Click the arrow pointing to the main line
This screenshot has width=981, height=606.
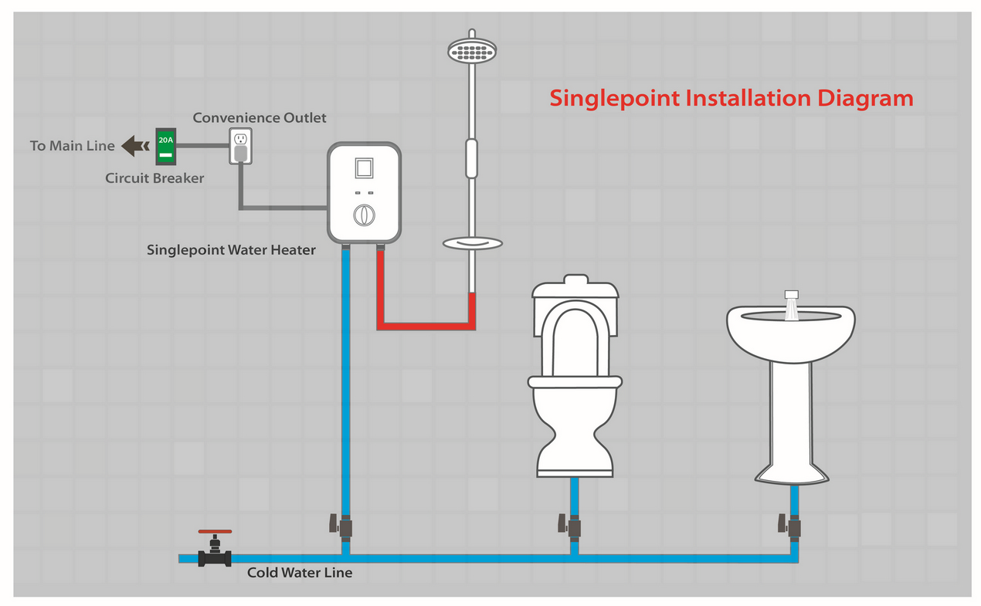pos(136,145)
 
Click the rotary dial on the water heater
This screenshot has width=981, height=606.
pos(363,215)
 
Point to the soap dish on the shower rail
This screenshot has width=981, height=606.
pos(471,244)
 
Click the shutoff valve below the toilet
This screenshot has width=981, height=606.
pos(572,526)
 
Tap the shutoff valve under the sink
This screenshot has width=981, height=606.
pos(793,527)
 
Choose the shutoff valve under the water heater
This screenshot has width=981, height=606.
pos(345,526)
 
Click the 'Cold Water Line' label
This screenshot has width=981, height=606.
pos(300,573)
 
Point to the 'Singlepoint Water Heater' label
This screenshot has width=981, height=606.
pos(231,250)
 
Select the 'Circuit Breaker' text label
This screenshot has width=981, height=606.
pos(154,178)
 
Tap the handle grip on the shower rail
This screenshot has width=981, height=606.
pos(471,158)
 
